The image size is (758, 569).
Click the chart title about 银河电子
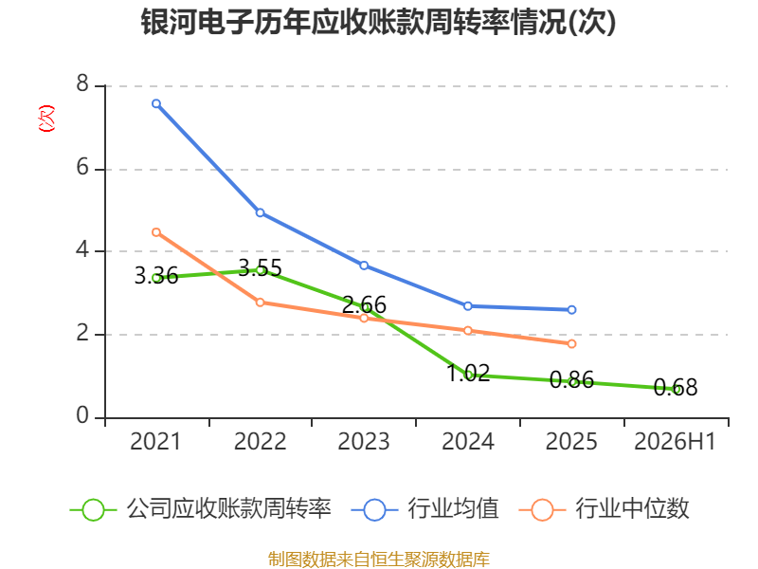(x=378, y=22)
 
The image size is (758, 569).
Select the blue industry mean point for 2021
(x=156, y=103)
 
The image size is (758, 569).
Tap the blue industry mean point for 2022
(x=260, y=212)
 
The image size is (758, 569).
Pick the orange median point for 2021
(x=156, y=232)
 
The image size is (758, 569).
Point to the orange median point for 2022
(x=260, y=303)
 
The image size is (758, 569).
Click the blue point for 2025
(x=571, y=310)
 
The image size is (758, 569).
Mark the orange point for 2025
(x=571, y=343)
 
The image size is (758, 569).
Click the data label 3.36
(x=156, y=276)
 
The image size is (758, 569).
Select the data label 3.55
(x=260, y=268)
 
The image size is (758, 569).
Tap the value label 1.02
(x=468, y=373)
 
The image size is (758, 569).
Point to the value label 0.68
(x=676, y=387)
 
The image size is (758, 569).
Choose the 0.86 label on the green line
(x=571, y=380)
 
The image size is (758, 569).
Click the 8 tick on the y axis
(x=82, y=83)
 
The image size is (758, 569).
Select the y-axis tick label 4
(x=82, y=249)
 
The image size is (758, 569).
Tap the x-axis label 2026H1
(x=675, y=441)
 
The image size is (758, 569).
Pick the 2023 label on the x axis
(x=364, y=441)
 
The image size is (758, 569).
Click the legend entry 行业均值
(x=453, y=509)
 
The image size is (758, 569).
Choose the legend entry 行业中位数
(x=632, y=509)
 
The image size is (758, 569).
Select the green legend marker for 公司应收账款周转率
(x=93, y=510)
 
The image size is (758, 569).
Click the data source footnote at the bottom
(x=378, y=560)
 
